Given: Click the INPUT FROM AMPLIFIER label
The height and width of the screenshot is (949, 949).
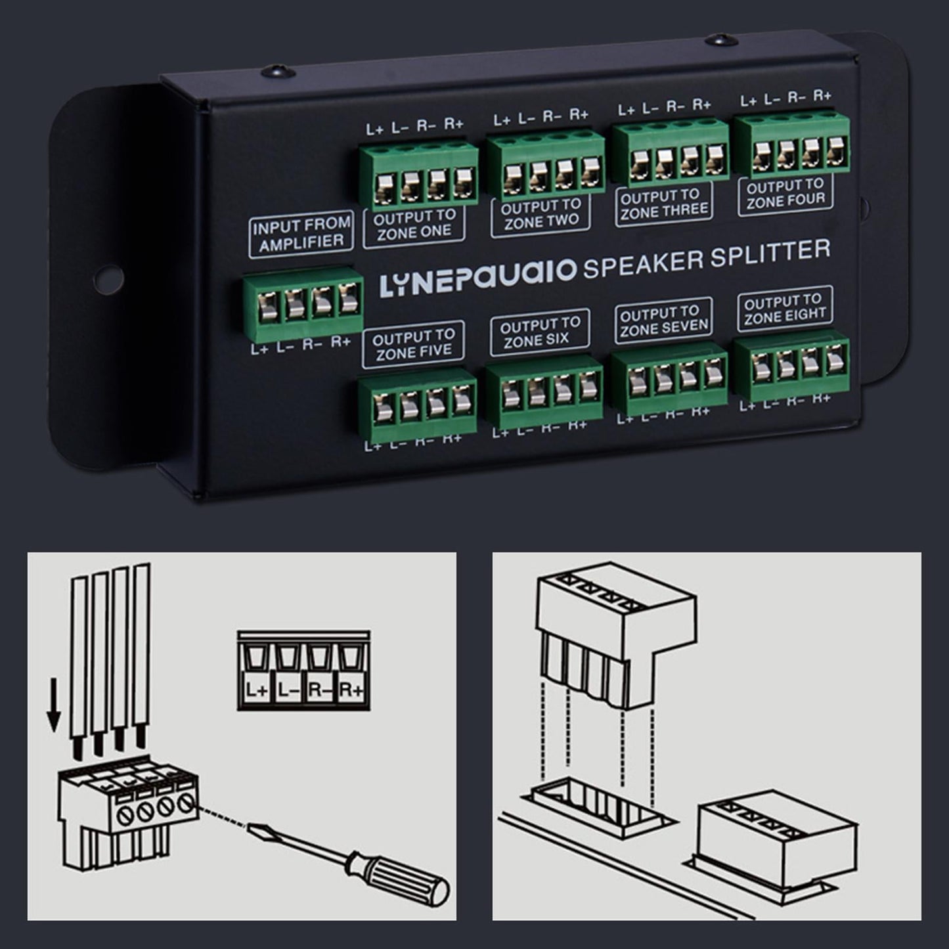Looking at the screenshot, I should pyautogui.click(x=301, y=233).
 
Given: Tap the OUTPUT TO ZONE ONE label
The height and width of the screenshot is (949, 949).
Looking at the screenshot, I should pyautogui.click(x=414, y=224).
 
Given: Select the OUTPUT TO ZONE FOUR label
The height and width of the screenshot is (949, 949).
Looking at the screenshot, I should pyautogui.click(x=785, y=194).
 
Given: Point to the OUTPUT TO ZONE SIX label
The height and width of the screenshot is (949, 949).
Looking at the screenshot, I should pyautogui.click(x=539, y=333).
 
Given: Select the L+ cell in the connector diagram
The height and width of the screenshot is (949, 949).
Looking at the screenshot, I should pyautogui.click(x=255, y=690).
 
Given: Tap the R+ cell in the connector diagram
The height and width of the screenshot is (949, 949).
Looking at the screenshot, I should pyautogui.click(x=352, y=690).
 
